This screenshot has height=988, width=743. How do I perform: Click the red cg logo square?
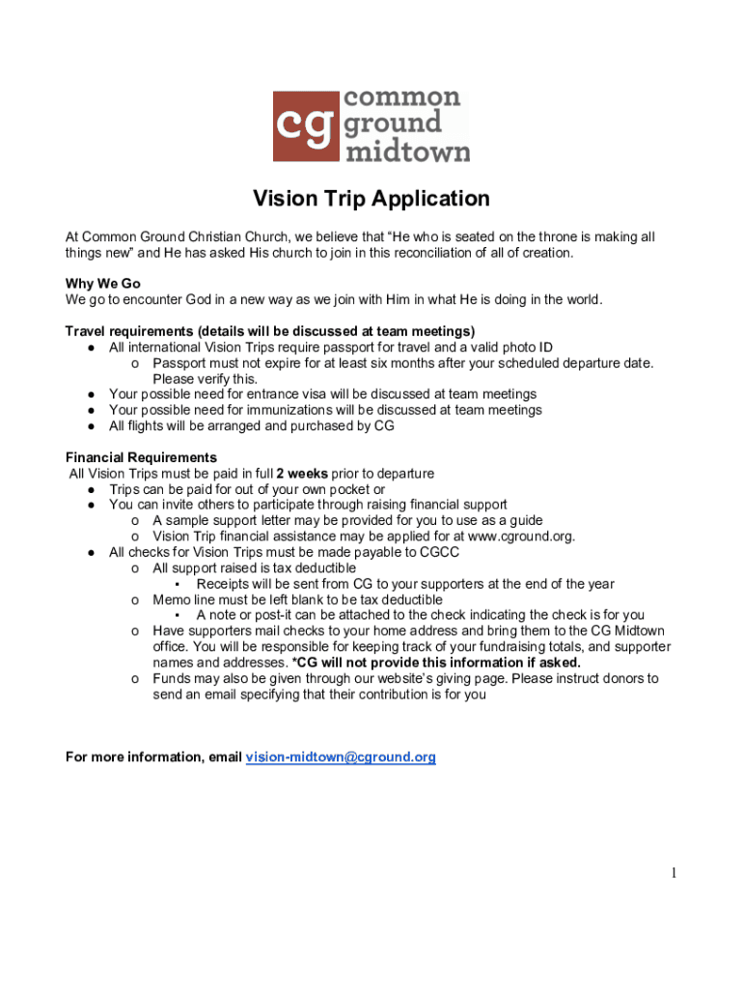click(305, 126)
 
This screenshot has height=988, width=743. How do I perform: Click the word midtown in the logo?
click(406, 151)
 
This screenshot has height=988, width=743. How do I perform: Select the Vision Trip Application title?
click(371, 199)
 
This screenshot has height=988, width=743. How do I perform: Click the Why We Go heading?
click(103, 283)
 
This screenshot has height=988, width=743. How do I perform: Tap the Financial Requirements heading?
click(141, 457)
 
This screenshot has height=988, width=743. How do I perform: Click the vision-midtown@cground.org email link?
click(341, 757)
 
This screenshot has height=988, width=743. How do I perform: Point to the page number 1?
click(674, 873)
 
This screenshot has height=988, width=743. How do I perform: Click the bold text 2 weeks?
click(301, 474)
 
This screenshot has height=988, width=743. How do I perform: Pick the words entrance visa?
click(267, 394)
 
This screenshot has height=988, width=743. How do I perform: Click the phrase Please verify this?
click(205, 378)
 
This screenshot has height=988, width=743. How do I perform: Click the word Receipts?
click(224, 584)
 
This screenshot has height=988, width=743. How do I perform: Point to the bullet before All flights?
click(90, 425)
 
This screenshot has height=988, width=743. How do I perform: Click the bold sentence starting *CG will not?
click(435, 663)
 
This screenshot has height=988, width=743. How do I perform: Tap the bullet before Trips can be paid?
click(90, 489)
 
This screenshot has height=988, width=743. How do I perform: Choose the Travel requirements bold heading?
click(270, 331)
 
